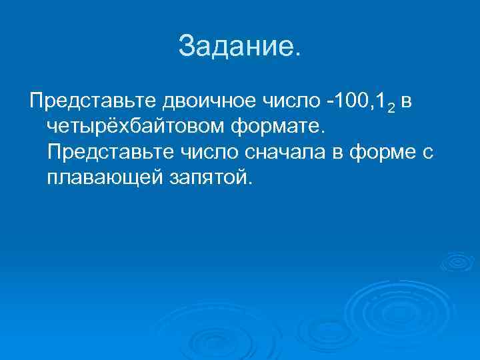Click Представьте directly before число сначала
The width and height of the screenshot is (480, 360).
pyautogui.click(x=110, y=151)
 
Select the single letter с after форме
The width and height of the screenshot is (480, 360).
pyautogui.click(x=429, y=153)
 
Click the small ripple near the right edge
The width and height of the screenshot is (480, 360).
pyautogui.click(x=459, y=262)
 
